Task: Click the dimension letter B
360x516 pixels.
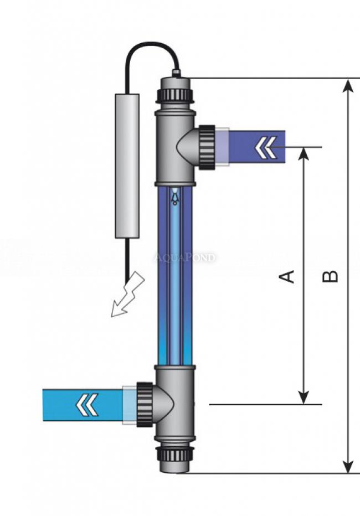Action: click(x=331, y=276)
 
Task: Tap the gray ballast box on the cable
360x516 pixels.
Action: click(x=127, y=166)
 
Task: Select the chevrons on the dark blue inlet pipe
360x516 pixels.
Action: click(x=265, y=147)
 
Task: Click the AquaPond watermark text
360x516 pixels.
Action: click(x=184, y=257)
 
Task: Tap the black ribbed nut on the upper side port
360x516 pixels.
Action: click(x=207, y=147)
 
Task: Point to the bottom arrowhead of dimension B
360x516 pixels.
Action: click(x=348, y=467)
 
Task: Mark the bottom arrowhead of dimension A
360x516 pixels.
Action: click(x=303, y=398)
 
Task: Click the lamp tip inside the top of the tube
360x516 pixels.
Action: click(x=175, y=196)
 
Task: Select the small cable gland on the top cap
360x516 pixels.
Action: click(x=176, y=72)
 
